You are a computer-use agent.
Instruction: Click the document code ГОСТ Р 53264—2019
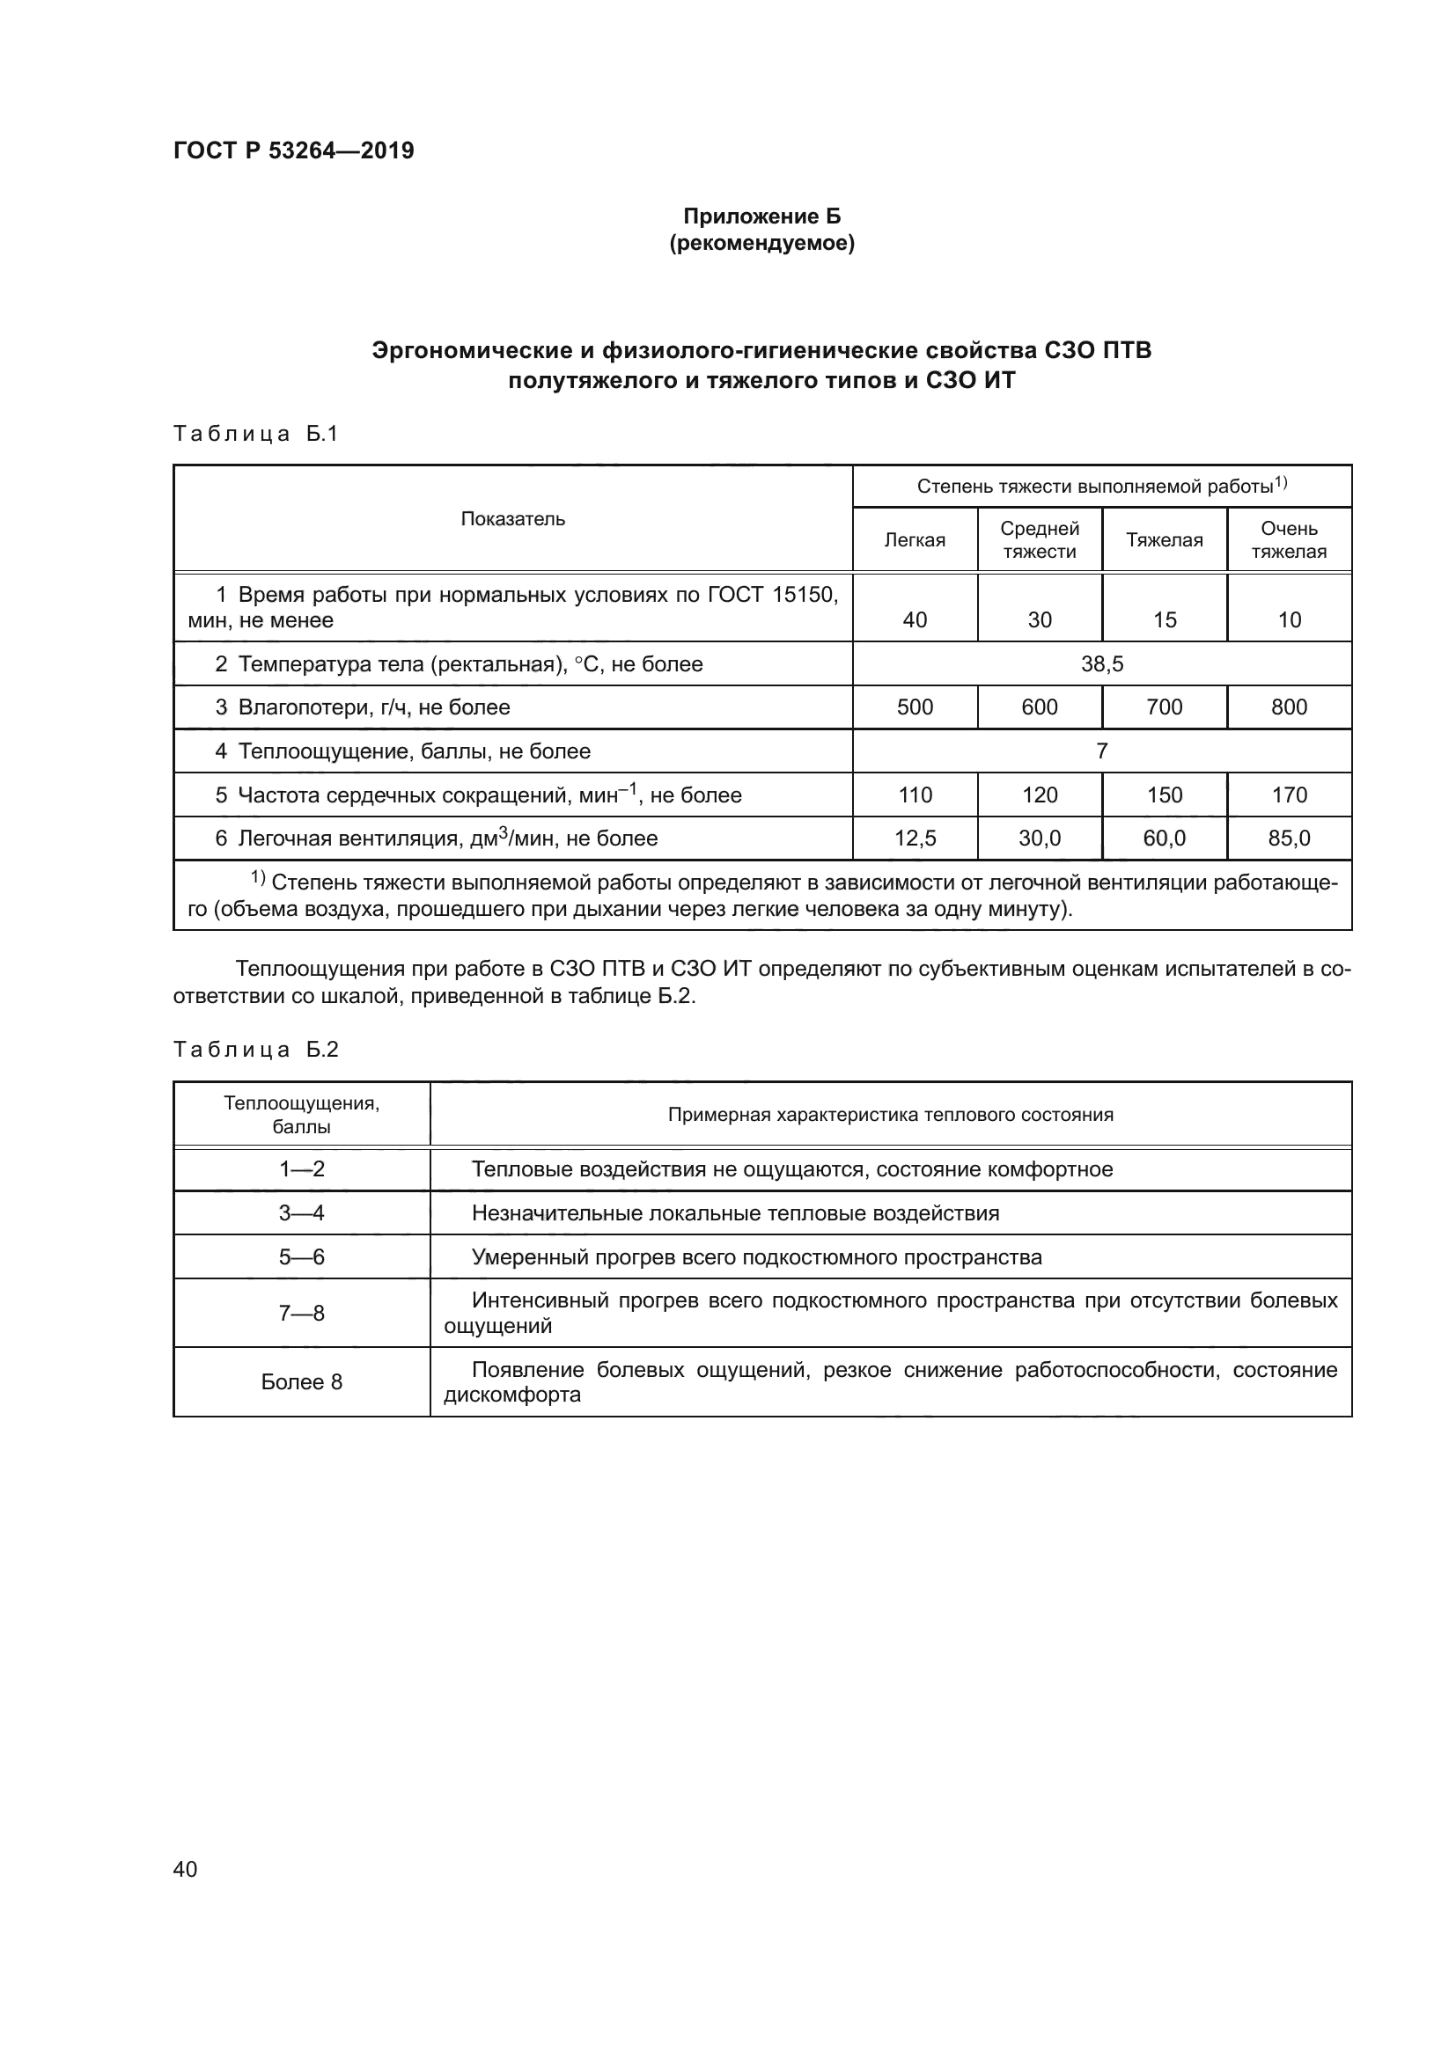click(293, 150)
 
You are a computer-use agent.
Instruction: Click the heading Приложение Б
click(762, 216)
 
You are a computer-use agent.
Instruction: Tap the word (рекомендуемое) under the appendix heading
click(762, 244)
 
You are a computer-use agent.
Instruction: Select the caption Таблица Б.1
click(255, 435)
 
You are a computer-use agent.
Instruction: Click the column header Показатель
click(513, 519)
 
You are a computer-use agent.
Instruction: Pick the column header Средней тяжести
click(1039, 540)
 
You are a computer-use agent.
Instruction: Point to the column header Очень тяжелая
click(1289, 540)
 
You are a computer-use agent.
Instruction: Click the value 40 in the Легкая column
click(915, 620)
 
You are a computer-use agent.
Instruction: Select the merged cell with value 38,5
click(1102, 664)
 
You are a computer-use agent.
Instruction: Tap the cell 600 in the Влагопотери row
click(1039, 707)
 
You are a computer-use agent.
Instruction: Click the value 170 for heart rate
click(1289, 795)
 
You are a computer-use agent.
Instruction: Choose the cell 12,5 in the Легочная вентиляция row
click(915, 839)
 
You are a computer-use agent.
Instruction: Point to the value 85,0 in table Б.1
click(1289, 839)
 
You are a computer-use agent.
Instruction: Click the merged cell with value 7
click(1102, 751)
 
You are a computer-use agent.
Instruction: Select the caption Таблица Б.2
click(255, 1050)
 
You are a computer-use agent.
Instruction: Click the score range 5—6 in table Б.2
click(301, 1257)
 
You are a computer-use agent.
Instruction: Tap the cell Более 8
click(301, 1382)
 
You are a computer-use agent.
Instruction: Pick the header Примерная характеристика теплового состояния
click(890, 1115)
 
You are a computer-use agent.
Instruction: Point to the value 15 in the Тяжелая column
click(1164, 620)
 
